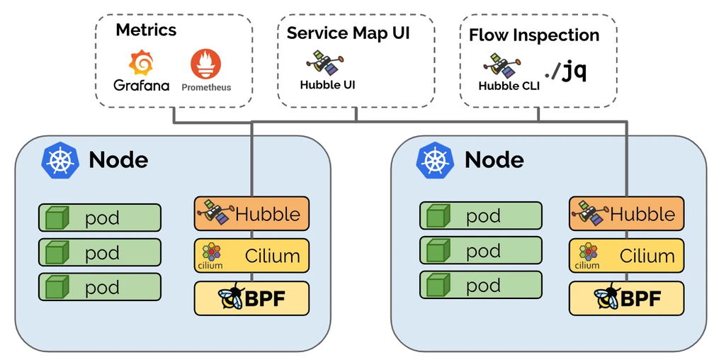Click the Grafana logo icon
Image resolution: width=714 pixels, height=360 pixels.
pos(142,63)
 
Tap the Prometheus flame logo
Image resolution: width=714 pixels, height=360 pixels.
pos(205,64)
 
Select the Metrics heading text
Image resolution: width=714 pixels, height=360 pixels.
pos(146,30)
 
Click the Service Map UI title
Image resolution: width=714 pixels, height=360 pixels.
pos(348,33)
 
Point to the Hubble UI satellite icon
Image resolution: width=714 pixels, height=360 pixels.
pos(326,61)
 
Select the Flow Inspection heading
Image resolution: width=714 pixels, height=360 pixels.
pos(534,35)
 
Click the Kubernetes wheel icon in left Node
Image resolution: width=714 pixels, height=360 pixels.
pos(59,159)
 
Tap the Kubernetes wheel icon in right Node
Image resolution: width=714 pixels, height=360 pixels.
pos(435,159)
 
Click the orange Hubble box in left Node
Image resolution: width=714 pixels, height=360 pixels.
pos(251,213)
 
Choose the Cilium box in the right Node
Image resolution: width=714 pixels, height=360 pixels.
pos(626,256)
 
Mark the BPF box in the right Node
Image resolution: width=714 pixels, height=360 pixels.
pos(626,298)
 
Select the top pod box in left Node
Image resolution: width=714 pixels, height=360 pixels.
pos(100,218)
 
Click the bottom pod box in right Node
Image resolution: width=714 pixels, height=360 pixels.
pos(480,286)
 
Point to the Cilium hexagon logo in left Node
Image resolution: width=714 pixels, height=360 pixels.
pos(211,252)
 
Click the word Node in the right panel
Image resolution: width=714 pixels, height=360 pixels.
pos(494,159)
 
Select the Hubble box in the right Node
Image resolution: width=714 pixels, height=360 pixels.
pos(626,213)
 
